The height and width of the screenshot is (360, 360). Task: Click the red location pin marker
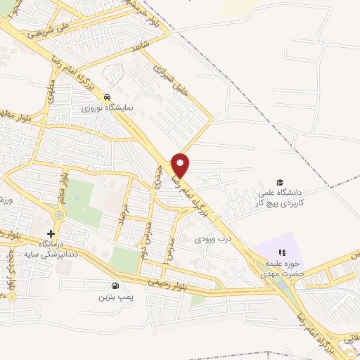pyautogui.click(x=181, y=165)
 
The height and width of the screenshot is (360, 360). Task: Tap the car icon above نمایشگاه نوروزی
pyautogui.click(x=106, y=97)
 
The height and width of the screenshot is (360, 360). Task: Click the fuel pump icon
pyautogui.click(x=115, y=285)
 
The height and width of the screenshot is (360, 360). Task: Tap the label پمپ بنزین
pyautogui.click(x=115, y=297)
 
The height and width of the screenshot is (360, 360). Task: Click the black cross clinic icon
pyautogui.click(x=51, y=233)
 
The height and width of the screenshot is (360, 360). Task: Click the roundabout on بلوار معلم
pyautogui.click(x=57, y=214)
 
